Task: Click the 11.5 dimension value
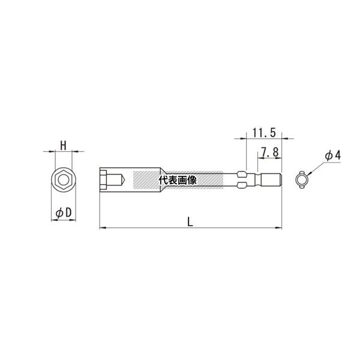click(264, 133)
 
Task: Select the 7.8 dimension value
click(270, 152)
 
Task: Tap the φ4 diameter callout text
click(333, 155)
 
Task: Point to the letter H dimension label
click(63, 146)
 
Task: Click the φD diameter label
click(64, 213)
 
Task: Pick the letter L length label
click(190, 222)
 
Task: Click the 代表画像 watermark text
click(178, 181)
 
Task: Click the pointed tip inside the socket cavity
click(124, 180)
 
